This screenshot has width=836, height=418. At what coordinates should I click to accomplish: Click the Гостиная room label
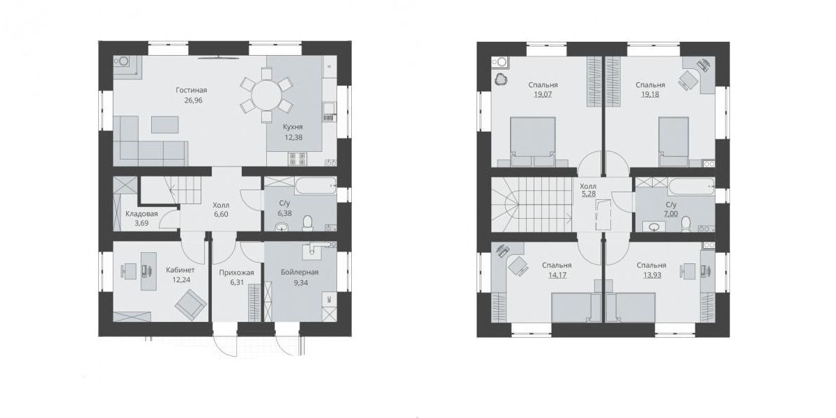click(x=191, y=91)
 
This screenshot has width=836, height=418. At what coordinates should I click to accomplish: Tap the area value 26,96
click(x=194, y=100)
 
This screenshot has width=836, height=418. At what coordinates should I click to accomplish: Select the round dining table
click(x=266, y=95)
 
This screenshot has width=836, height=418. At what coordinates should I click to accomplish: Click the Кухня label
click(x=293, y=127)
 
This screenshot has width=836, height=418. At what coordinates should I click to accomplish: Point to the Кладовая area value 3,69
click(x=141, y=224)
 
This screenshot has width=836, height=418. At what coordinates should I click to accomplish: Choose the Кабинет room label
click(x=180, y=270)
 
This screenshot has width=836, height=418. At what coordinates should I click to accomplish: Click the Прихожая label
click(x=236, y=273)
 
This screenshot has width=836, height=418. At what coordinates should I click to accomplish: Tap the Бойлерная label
click(x=300, y=272)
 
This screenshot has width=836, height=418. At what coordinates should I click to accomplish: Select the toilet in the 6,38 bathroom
click(x=307, y=223)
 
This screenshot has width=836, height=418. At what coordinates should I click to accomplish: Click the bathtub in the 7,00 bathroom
click(x=691, y=186)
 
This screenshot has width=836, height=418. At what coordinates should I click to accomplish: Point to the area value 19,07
click(x=543, y=95)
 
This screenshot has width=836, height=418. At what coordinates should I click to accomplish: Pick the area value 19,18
click(x=650, y=95)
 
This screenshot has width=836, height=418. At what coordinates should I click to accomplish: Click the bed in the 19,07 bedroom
click(x=532, y=141)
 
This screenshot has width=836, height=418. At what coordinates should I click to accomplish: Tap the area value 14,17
click(x=557, y=275)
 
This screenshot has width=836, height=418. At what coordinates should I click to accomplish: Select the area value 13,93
click(x=651, y=275)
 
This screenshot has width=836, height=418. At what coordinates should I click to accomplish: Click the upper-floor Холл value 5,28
click(x=589, y=194)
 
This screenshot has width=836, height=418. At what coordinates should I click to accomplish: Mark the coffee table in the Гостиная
click(x=164, y=124)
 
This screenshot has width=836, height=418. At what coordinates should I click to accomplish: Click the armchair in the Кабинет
click(x=190, y=305)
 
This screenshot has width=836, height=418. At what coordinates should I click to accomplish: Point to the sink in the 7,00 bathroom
click(x=654, y=226)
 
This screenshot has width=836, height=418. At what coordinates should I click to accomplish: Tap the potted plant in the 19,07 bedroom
click(x=500, y=79)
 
